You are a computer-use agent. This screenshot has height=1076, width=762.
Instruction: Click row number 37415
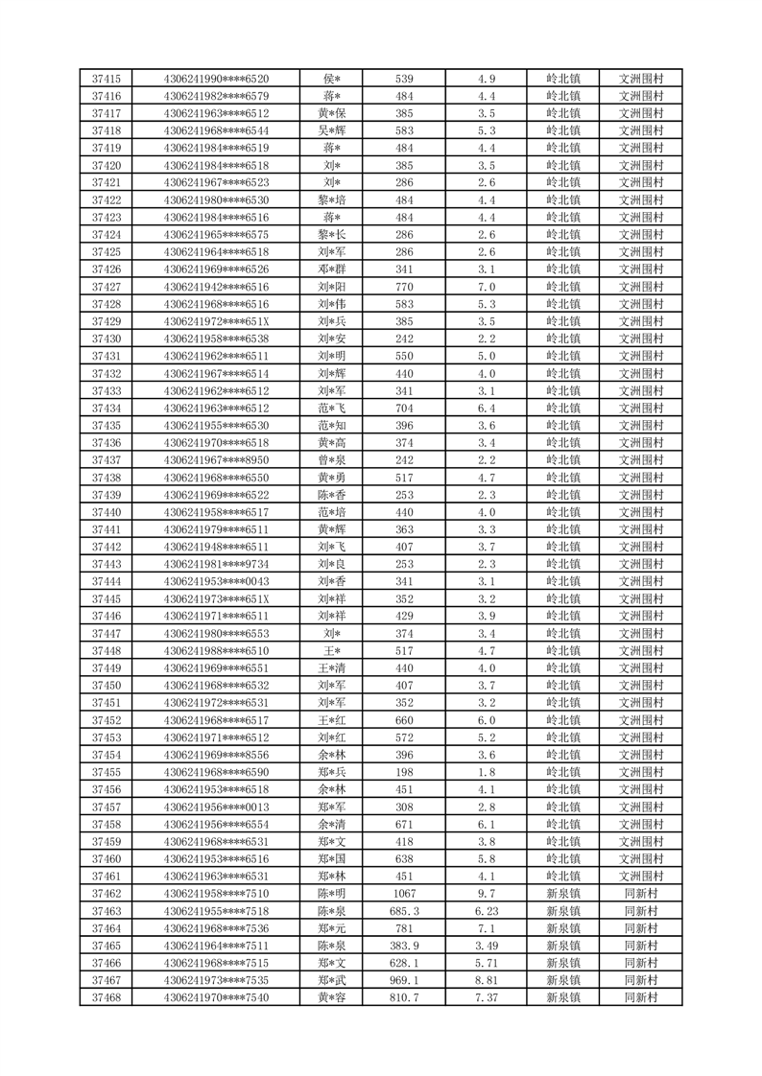(106, 79)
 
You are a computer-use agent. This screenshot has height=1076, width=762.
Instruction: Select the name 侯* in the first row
(332, 79)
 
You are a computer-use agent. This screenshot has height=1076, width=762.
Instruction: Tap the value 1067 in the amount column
(404, 894)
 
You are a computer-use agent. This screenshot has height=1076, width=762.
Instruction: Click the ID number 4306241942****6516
(217, 287)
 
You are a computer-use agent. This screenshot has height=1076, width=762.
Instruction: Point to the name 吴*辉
(332, 130)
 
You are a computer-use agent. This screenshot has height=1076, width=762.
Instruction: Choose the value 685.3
(404, 911)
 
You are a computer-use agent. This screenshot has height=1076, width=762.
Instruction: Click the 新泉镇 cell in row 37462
(562, 894)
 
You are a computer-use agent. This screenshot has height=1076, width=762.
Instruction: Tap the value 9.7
(486, 894)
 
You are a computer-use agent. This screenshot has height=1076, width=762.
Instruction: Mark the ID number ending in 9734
(217, 564)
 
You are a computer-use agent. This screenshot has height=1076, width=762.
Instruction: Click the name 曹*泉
(332, 460)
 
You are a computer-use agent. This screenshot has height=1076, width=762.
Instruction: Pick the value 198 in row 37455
(404, 772)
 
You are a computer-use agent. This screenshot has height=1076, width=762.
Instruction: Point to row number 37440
(106, 512)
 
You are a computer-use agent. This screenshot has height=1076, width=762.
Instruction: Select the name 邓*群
(332, 269)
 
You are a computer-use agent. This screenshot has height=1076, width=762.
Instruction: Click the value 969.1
(404, 980)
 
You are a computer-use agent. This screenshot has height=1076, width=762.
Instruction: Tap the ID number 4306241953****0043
(217, 581)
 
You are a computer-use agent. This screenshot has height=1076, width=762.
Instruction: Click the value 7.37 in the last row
(486, 997)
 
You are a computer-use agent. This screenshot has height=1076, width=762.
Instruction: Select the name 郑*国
(332, 859)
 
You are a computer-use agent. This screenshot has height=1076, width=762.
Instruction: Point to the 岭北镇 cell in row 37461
(562, 877)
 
